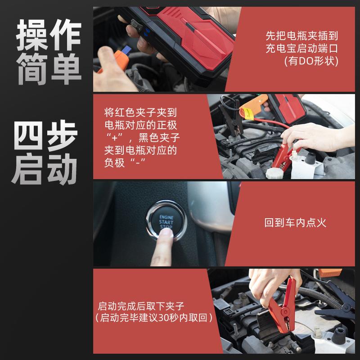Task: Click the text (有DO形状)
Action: point(311,61)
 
